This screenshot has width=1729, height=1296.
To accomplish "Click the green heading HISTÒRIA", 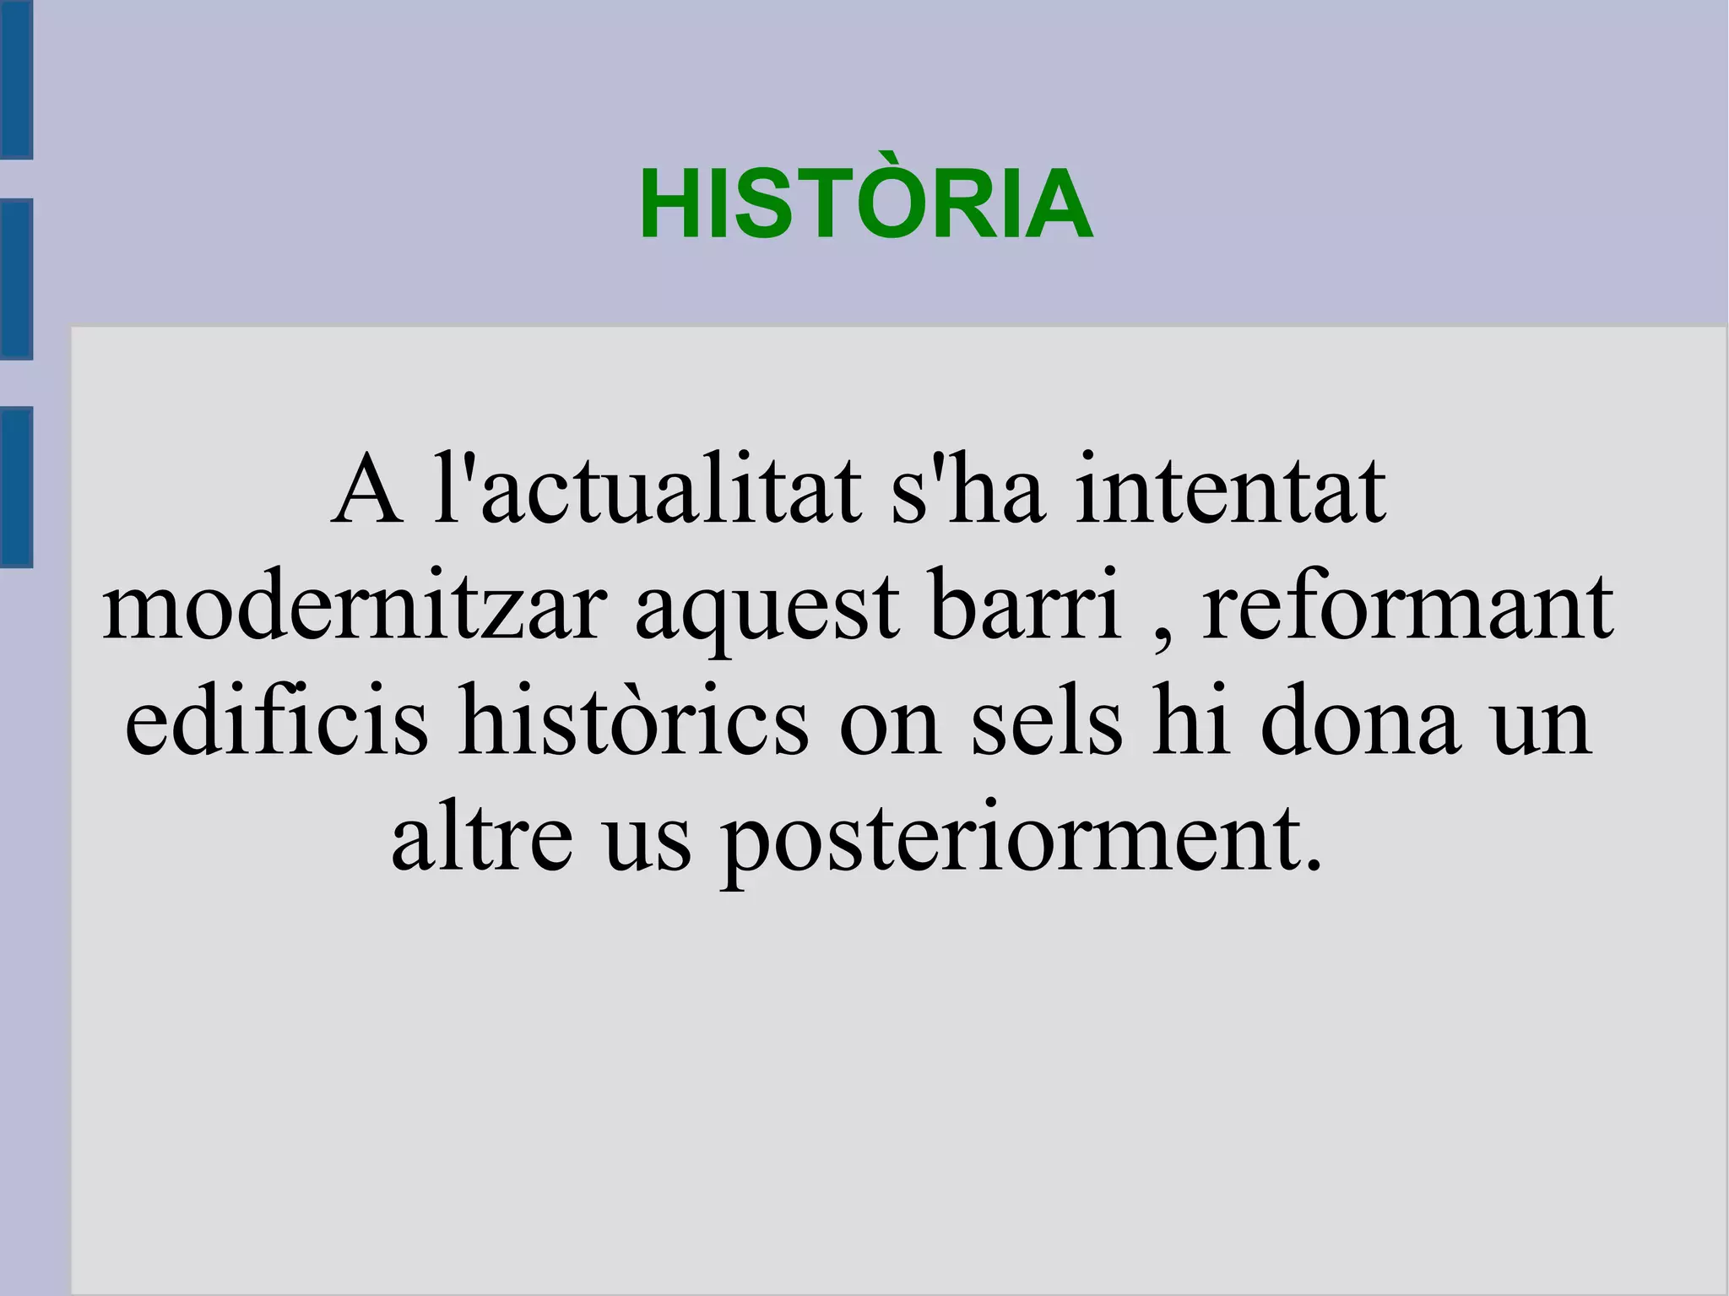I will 865,203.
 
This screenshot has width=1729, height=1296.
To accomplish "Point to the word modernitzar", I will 355,606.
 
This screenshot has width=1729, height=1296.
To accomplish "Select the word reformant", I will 1407,606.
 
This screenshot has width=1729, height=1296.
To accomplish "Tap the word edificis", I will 277,720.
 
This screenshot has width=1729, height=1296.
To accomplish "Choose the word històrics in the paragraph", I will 633,720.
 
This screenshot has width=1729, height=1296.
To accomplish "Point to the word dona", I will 1359,720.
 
